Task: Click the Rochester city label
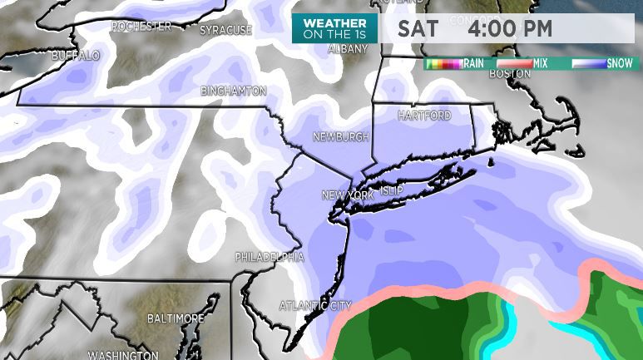tap(141, 27)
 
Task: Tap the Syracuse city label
tap(225, 31)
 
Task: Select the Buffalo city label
tap(75, 56)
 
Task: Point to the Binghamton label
tap(234, 91)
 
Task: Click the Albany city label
tap(348, 50)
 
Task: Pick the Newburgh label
tap(340, 136)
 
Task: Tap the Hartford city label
tap(424, 116)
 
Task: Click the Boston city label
tap(510, 74)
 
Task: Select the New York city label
tap(348, 195)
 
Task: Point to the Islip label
tap(390, 191)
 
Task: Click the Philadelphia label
tap(270, 257)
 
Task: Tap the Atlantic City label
tap(315, 306)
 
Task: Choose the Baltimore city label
tap(176, 318)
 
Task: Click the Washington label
tap(123, 355)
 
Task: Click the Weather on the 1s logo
tap(334, 28)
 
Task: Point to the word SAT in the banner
tap(418, 29)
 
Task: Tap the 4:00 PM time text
tap(510, 29)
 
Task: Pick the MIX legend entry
tap(540, 63)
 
